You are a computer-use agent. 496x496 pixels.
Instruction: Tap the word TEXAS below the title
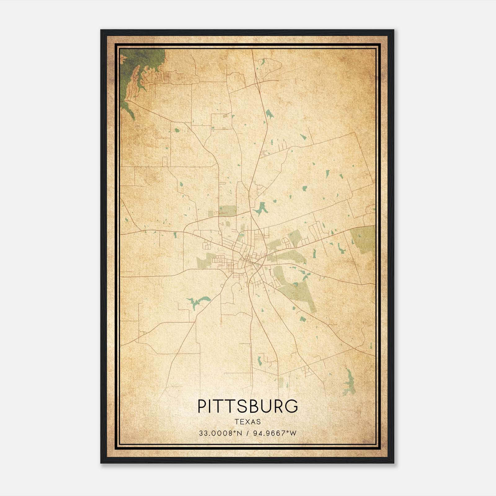[x=248, y=422]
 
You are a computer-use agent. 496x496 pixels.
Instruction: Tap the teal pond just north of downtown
[x=260, y=209]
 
